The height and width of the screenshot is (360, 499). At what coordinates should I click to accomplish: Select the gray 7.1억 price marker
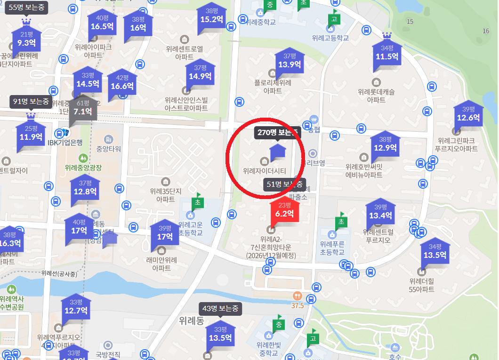pos(83,109)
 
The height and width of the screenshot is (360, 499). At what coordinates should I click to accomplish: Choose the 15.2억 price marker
pos(211,17)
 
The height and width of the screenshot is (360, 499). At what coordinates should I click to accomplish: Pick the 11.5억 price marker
pos(387,54)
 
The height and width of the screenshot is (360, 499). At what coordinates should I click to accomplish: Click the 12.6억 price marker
pos(468,115)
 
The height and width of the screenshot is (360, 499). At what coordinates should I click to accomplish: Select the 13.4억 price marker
pos(380,213)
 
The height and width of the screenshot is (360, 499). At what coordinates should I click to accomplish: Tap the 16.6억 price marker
pos(122,83)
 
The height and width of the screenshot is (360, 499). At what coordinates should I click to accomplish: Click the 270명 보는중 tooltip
pos(277,133)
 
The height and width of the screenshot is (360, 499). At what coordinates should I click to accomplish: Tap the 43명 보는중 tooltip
pos(220,309)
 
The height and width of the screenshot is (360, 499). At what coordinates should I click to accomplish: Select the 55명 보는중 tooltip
pos(26,7)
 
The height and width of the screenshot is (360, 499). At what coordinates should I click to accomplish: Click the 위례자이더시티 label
pos(264,171)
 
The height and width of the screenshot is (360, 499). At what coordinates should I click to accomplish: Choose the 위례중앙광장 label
pos(83,167)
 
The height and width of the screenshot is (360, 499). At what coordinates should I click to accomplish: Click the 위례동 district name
pos(192,321)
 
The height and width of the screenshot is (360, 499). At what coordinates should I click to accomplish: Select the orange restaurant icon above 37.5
pos(297,296)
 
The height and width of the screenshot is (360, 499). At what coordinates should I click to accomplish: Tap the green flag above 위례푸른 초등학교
pos(340,221)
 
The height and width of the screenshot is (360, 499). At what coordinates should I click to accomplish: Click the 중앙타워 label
pos(109,149)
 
